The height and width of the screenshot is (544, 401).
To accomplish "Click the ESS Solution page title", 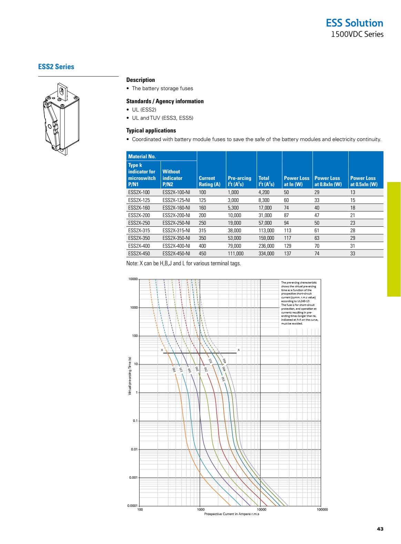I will [x=354, y=23].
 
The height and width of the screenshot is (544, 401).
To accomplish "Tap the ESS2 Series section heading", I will [x=56, y=67].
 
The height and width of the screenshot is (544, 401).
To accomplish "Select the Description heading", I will [x=141, y=80].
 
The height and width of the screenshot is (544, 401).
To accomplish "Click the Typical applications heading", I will [x=151, y=130].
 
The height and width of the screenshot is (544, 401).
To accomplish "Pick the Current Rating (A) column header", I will [x=209, y=181].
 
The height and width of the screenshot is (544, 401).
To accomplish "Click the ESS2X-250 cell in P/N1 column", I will [x=139, y=223].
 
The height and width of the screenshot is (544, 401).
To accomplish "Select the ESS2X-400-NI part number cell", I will [x=176, y=246].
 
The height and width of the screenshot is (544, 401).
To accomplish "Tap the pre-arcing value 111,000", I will [x=235, y=254].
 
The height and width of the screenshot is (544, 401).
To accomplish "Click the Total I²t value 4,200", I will [x=264, y=192].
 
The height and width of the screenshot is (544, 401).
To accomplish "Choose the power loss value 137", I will [x=287, y=254].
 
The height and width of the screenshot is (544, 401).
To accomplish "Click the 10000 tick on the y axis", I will [x=133, y=279].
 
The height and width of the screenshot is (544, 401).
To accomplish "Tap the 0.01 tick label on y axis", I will [x=134, y=449].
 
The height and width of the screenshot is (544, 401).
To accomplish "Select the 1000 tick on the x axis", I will [x=201, y=510].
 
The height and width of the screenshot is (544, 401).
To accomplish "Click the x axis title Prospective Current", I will [x=232, y=514].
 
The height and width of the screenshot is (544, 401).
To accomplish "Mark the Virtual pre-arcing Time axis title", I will [x=130, y=376].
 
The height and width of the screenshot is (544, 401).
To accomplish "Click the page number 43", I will [x=380, y=529].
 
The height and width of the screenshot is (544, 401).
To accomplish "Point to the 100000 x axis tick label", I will [x=322, y=510].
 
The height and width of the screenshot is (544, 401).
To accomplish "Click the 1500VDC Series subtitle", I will [x=357, y=34].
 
